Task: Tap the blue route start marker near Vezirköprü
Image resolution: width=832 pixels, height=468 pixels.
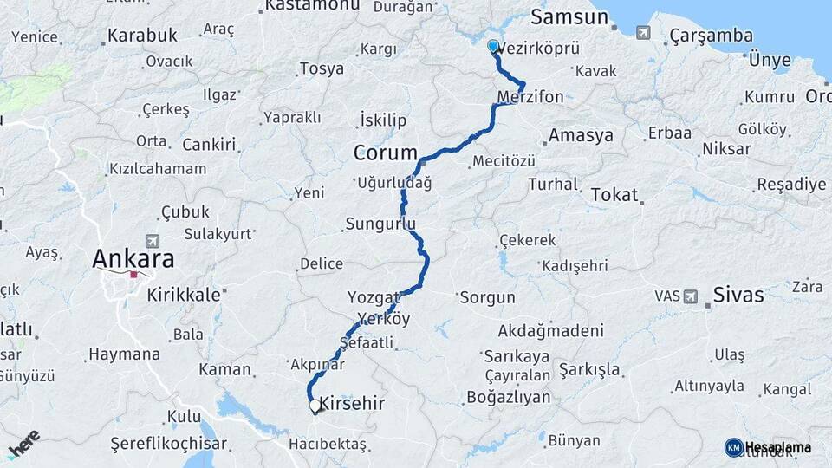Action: point(493,46)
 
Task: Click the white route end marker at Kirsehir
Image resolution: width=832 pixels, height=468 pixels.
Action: point(315,405)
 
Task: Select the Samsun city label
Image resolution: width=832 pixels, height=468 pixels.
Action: point(569,17)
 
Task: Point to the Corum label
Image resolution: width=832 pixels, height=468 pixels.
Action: point(385,153)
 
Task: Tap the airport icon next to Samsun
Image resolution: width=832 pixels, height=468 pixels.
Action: point(642,33)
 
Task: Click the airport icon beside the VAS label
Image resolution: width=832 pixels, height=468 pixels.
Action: point(691,296)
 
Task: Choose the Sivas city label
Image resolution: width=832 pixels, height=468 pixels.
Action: point(738,296)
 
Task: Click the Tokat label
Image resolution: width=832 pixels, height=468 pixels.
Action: point(614,196)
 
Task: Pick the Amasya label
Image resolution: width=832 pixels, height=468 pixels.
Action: point(581,135)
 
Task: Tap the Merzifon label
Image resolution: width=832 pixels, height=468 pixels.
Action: point(530,96)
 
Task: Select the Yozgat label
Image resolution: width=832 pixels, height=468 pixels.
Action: point(374,297)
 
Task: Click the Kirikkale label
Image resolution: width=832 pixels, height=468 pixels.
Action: point(184,295)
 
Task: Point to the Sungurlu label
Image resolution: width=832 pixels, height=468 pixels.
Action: point(380,224)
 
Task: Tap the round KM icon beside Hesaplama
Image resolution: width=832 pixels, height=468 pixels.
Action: point(733,447)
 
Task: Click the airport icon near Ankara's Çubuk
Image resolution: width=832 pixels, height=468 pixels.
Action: point(153,241)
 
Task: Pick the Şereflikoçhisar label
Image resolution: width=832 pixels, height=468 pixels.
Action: point(169,444)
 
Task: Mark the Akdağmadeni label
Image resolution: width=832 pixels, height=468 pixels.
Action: point(550,331)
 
